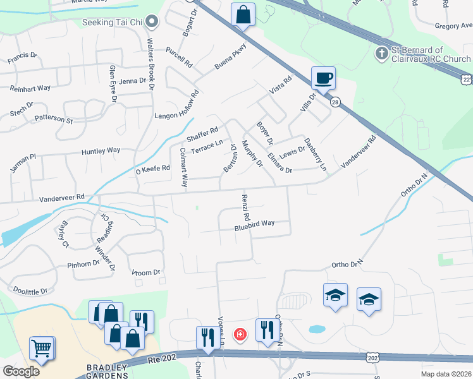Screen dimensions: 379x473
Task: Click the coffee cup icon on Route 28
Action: pos(323,78)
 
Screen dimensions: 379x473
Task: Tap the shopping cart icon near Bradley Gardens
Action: pos(41,348)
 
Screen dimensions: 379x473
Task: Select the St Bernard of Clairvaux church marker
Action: pos(381,53)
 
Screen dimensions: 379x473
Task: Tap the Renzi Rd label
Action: pos(245,207)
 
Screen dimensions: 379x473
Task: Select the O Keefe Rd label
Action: pos(153,169)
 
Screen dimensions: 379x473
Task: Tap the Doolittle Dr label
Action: pos(30,289)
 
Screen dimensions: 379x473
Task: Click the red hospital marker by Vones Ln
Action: pos(240,334)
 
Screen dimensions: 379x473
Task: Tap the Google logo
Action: pos(21,371)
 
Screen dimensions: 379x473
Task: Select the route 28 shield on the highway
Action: pos(335,101)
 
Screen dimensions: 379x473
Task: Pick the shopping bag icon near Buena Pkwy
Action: pos(243,14)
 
